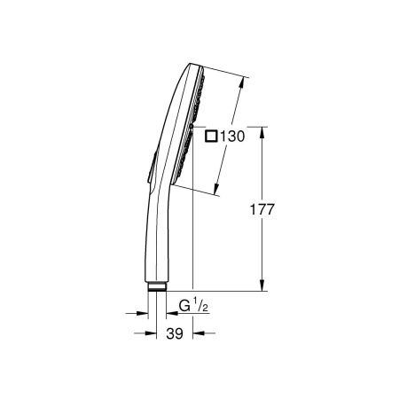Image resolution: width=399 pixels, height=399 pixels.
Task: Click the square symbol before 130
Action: point(211,137)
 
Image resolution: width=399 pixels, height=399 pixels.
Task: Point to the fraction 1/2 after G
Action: point(200,307)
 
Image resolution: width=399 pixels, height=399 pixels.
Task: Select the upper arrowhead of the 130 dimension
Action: point(242,79)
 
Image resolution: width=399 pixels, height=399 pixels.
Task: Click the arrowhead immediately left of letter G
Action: point(168,312)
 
